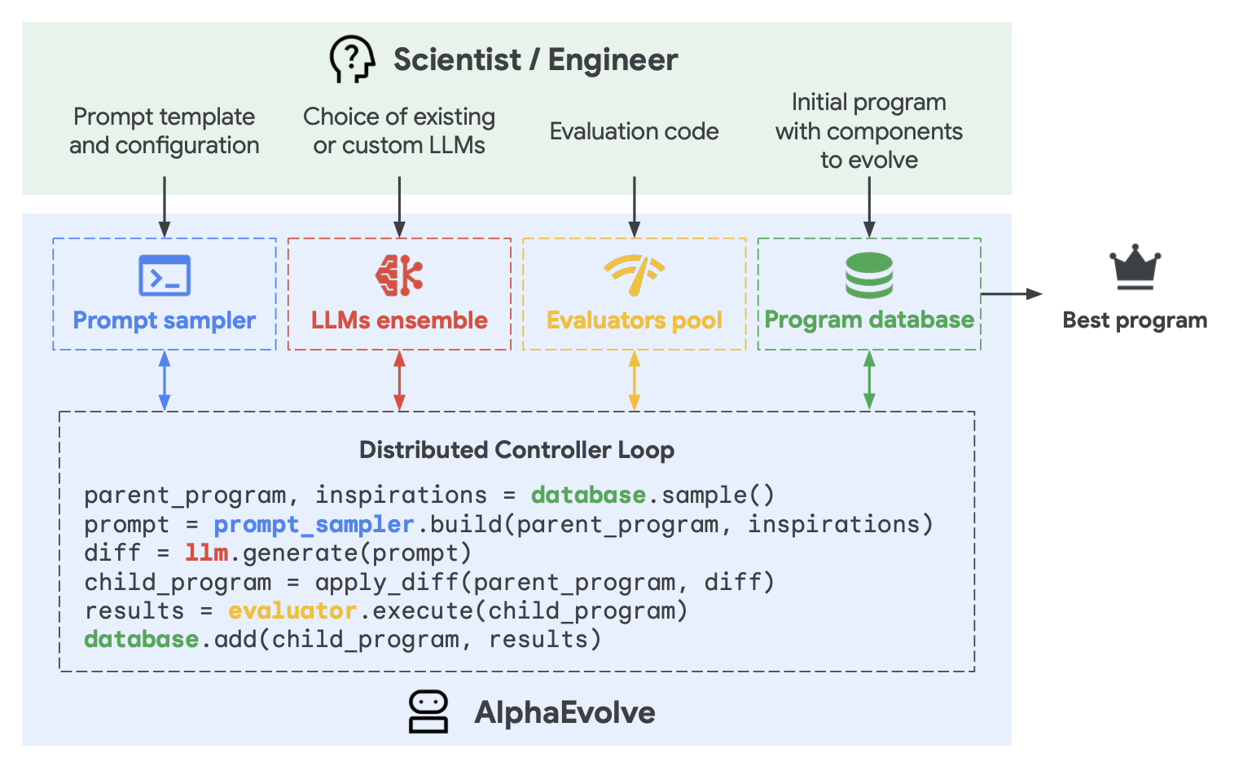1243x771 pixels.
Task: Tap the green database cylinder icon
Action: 869,275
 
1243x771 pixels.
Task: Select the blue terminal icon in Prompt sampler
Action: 165,275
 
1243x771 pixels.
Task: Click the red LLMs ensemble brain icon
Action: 399,275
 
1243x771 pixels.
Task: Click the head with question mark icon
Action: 352,59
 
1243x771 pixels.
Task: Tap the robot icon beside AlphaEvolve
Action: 428,712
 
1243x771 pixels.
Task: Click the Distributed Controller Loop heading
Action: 516,450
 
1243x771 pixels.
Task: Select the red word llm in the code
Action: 206,553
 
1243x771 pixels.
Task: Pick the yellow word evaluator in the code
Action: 292,610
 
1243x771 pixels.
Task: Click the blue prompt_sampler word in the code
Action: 314,524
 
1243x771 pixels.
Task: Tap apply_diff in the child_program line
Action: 387,582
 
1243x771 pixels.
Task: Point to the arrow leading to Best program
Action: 1012,293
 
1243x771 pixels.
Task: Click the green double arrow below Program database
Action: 869,381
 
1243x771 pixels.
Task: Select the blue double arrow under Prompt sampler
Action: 165,381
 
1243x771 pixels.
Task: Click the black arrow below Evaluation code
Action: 635,207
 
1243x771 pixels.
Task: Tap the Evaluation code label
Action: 635,131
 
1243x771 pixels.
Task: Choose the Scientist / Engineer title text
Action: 535,59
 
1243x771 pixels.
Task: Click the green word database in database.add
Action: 142,639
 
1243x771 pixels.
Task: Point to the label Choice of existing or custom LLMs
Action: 399,130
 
